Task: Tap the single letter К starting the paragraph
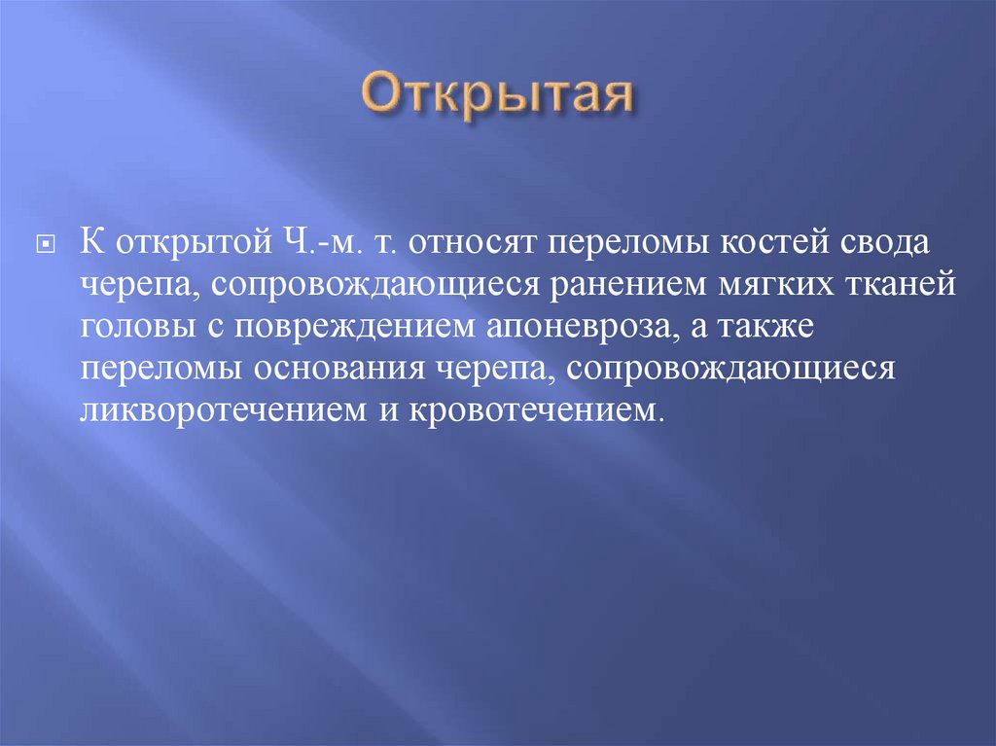90,240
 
